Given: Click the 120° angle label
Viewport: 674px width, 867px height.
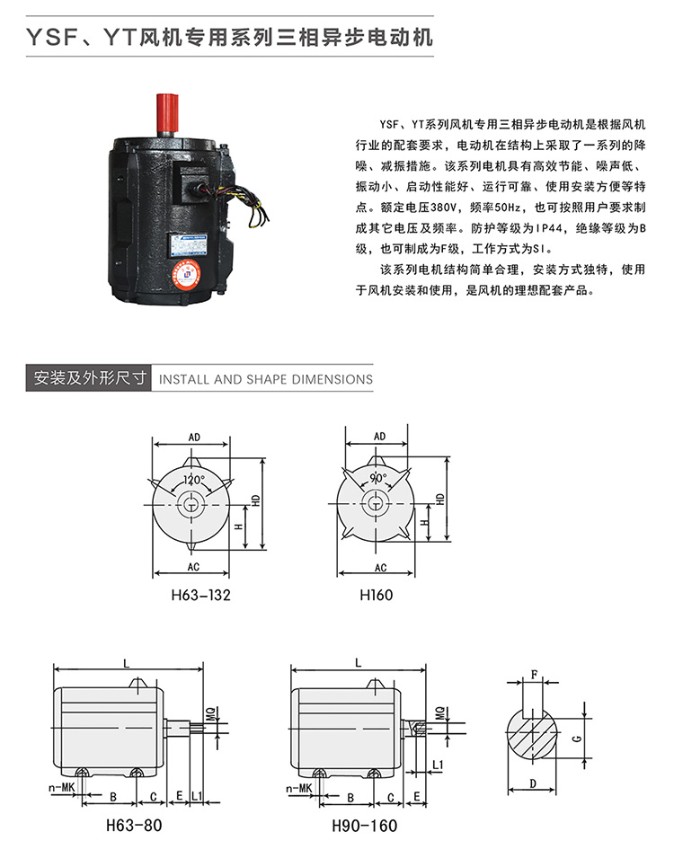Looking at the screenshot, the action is (194, 480).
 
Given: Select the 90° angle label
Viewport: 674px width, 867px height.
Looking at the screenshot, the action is (379, 478).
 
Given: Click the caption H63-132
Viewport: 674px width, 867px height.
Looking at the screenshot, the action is (200, 595).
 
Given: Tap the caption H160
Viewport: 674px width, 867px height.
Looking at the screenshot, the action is (376, 595).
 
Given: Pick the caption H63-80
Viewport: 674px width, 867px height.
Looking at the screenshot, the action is (134, 826).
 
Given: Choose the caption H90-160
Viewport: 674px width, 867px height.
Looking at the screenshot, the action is (364, 826).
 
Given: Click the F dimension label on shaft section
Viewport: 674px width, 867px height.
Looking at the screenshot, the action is (534, 675).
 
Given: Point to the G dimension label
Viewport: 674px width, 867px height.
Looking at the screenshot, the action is (577, 739).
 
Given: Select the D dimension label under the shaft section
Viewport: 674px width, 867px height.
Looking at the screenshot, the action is (533, 783).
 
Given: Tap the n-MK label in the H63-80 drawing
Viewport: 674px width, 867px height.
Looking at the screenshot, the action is (61, 787).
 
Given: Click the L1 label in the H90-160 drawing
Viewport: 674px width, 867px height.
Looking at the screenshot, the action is (438, 765).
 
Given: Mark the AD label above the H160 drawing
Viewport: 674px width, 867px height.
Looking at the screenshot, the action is (379, 437).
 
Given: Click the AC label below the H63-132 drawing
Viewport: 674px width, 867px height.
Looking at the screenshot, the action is (193, 567).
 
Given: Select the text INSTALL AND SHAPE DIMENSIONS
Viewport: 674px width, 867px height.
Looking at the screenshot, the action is (265, 379).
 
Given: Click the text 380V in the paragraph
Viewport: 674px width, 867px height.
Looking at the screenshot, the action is (443, 208).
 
